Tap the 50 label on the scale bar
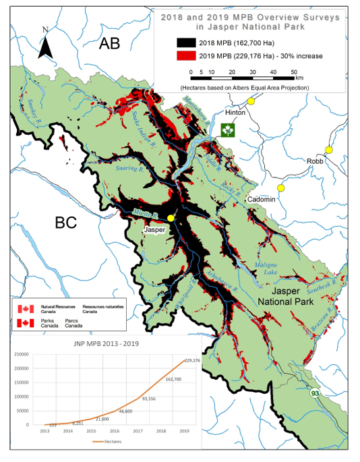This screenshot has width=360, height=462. coord(293,71)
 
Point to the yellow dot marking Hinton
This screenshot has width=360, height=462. coord(251,101)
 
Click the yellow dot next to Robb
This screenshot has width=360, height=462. coord(328,150)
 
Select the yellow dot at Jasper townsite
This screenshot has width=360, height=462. coord(171,219)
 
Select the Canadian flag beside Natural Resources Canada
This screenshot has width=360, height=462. coord(25,309)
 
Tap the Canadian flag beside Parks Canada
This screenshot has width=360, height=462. coord(25,323)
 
